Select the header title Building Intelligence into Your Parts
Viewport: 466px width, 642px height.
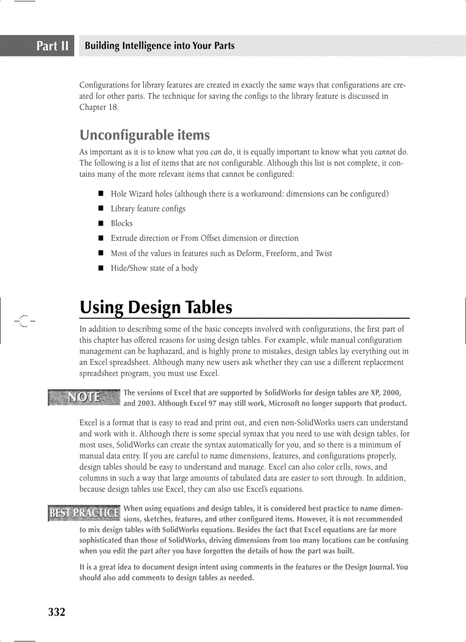pos(159,46)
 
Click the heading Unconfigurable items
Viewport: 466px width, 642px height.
pos(144,135)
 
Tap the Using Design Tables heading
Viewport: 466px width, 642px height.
pos(156,308)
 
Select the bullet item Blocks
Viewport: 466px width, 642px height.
pos(122,224)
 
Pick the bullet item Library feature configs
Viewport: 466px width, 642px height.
pos(148,209)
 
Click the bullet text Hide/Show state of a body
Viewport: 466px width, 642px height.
pos(154,268)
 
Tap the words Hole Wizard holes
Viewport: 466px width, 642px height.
pos(138,194)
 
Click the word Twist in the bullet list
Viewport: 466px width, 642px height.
pos(322,253)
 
